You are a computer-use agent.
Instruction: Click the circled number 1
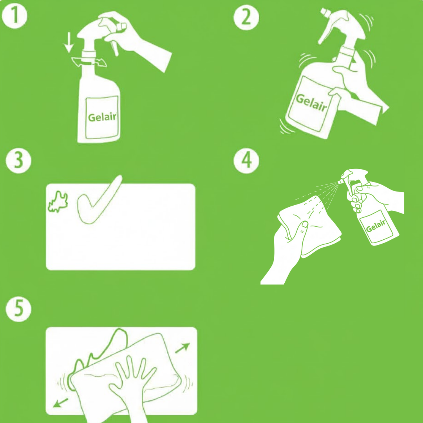[14, 16]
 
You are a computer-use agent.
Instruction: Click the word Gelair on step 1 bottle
[102, 117]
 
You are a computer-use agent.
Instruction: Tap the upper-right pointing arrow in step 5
[183, 348]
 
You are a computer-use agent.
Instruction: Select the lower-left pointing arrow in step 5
[60, 403]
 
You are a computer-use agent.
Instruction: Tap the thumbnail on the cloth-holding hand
[305, 224]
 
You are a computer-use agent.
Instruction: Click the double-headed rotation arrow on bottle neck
[89, 62]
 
